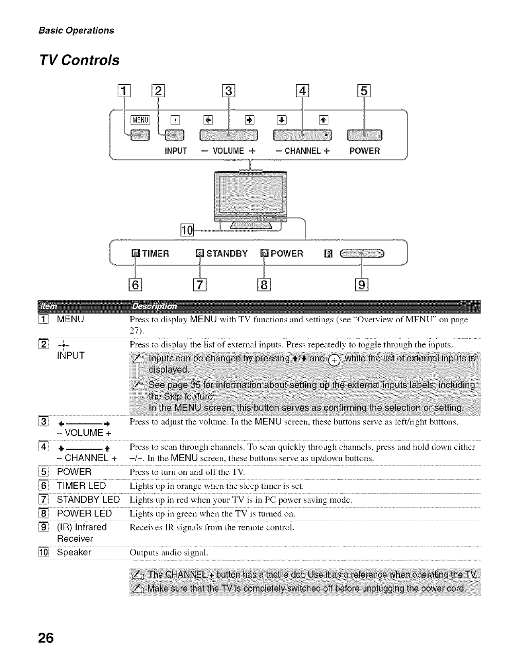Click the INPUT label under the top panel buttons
click(x=175, y=151)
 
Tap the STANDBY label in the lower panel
click(x=227, y=253)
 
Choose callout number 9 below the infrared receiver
click(x=362, y=284)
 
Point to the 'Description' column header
click(x=154, y=307)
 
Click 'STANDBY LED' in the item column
click(x=88, y=500)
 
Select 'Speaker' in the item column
click(x=74, y=552)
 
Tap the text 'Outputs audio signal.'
click(x=169, y=553)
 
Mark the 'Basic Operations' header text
click(x=77, y=30)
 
